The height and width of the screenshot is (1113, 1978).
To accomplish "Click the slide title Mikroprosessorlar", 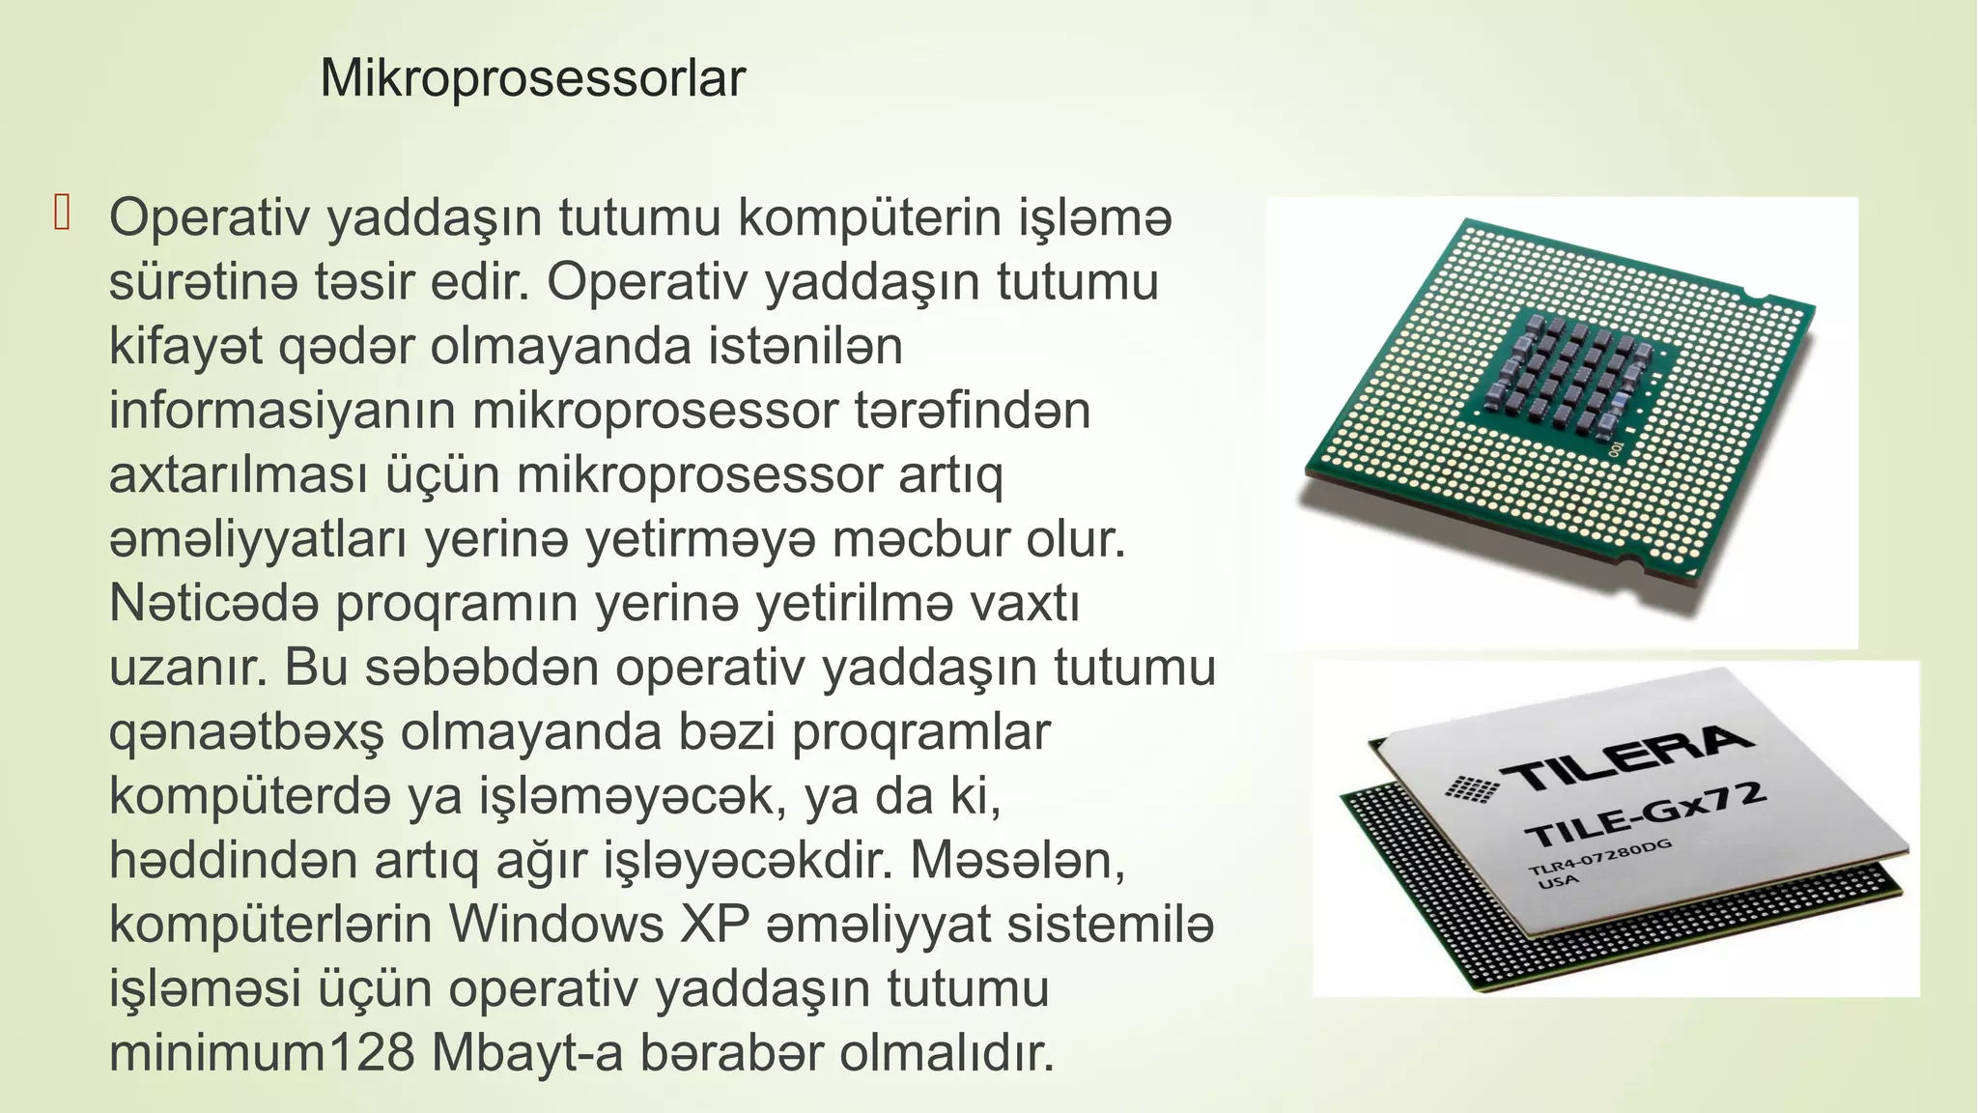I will (532, 78).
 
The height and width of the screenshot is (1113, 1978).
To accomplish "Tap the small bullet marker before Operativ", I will (63, 214).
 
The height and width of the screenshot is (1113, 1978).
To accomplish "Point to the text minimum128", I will (262, 1053).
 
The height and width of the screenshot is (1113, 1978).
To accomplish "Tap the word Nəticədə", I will (213, 604).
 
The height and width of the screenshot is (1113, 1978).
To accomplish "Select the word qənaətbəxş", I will (246, 733).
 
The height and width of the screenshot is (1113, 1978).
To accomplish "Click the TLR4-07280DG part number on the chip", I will (1599, 858).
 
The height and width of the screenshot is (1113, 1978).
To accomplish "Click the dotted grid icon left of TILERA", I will (1472, 788).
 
